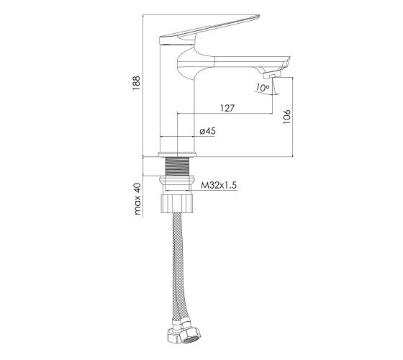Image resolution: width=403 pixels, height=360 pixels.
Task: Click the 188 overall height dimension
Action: click(136, 83)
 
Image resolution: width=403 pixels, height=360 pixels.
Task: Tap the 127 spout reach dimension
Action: click(227, 108)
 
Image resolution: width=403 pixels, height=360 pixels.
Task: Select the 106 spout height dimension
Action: click(287, 117)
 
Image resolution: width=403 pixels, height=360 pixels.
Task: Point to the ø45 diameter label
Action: click(207, 131)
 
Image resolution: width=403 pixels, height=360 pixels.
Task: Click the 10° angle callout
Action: click(262, 88)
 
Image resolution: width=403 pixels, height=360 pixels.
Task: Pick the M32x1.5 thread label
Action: click(219, 185)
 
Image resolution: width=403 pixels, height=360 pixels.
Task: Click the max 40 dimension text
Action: click(137, 199)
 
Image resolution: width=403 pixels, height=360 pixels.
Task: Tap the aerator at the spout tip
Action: click(273, 75)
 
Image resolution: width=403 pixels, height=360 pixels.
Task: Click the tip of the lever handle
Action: click(258, 17)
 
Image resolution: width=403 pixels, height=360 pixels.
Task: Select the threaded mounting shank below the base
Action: click(177, 166)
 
